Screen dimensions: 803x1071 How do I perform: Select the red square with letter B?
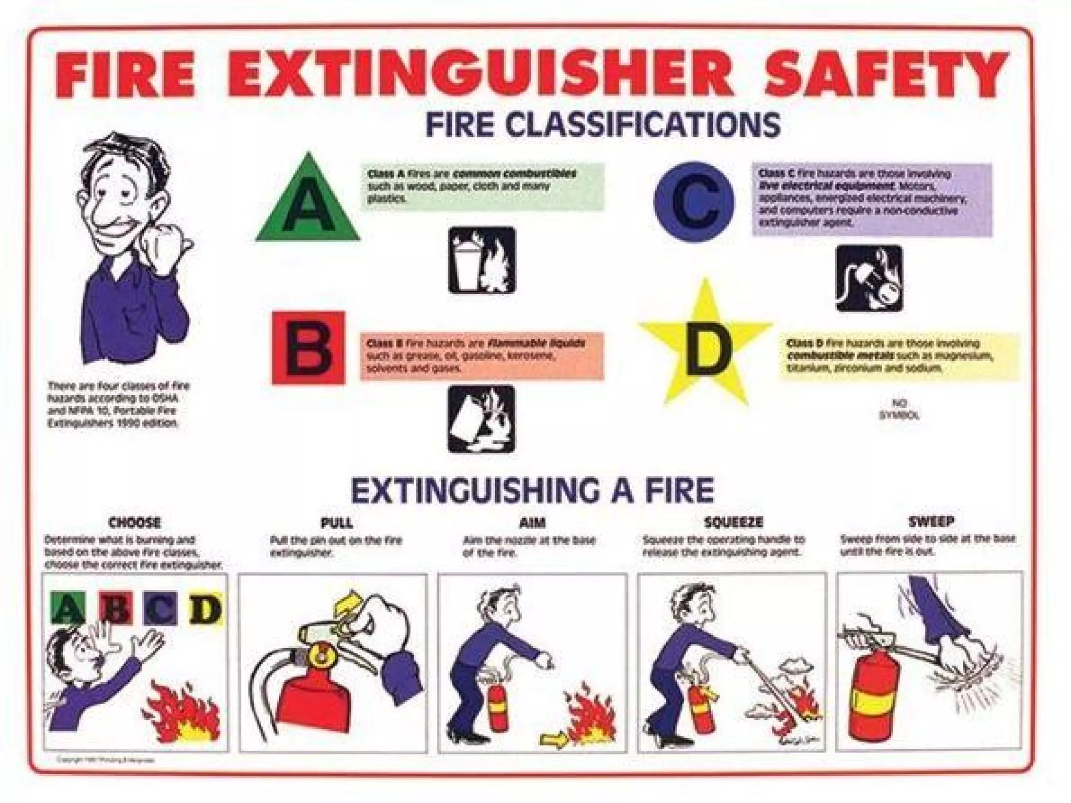coord(309,348)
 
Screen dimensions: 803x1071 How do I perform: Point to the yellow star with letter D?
coord(704,345)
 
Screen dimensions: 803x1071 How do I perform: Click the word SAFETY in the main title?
coord(883,78)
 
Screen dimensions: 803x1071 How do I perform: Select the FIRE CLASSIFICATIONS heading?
coord(603,125)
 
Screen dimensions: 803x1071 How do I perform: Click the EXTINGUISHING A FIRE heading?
coord(532,490)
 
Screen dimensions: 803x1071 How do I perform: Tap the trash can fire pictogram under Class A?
coord(482,260)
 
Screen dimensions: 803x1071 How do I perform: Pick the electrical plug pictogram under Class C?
coord(869,278)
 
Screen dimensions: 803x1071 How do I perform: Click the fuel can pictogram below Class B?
coord(482,419)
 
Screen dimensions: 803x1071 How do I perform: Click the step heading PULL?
coord(337,523)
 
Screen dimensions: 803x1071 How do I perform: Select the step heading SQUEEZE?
coord(734,522)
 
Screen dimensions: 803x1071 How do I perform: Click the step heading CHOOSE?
coord(135,523)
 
